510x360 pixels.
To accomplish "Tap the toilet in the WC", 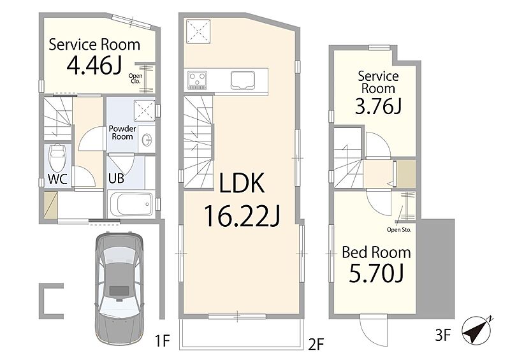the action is pyautogui.click(x=57, y=157).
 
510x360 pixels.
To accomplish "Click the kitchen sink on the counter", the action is pyautogui.click(x=243, y=80).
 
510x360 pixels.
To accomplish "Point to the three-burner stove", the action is pyautogui.click(x=197, y=80).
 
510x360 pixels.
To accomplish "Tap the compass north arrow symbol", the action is pyautogui.click(x=477, y=331).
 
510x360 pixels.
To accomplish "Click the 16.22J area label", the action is pyautogui.click(x=242, y=217).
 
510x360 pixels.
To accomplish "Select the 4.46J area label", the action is pyautogui.click(x=94, y=66).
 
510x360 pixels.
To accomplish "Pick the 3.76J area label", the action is pyautogui.click(x=378, y=106).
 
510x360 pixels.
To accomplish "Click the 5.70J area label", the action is pyautogui.click(x=376, y=273).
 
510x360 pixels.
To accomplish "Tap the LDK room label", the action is pyautogui.click(x=242, y=183).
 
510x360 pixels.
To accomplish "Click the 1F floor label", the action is pyautogui.click(x=162, y=341).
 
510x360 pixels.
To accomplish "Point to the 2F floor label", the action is pyautogui.click(x=316, y=344).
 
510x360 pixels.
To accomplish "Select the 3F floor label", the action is pyautogui.click(x=443, y=336).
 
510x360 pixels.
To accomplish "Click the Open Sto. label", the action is pyautogui.click(x=399, y=230).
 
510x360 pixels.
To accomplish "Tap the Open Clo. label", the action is pyautogui.click(x=135, y=78).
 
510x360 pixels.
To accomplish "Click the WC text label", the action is pyautogui.click(x=57, y=179).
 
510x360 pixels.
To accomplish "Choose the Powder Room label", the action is pyautogui.click(x=122, y=133).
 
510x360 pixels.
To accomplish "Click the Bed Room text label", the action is pyautogui.click(x=376, y=252).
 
